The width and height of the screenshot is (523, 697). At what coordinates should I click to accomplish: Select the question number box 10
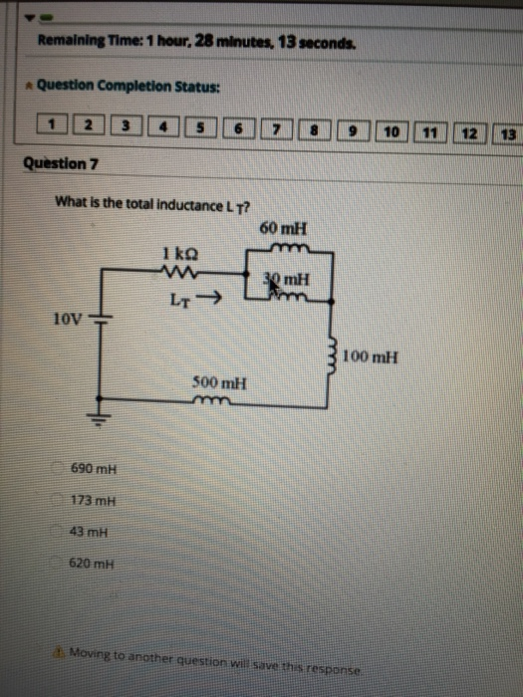392,129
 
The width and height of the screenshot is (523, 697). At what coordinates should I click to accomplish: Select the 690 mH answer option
89,468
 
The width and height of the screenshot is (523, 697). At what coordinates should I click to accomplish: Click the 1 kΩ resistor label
176,255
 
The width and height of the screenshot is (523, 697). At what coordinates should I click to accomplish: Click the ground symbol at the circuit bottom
100,423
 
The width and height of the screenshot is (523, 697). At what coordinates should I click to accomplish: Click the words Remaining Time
78,41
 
